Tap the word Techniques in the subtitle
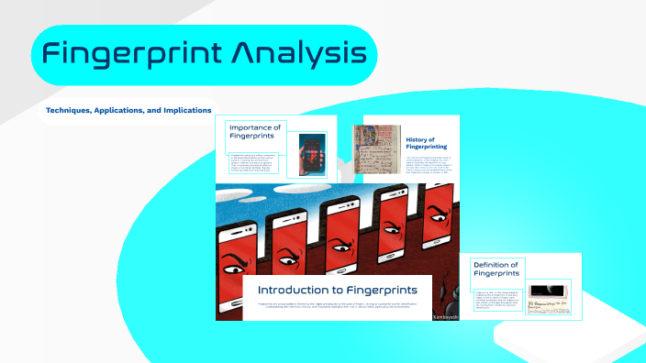coord(73,110)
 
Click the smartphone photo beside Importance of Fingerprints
coord(312,153)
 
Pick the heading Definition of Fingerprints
coord(496,269)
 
